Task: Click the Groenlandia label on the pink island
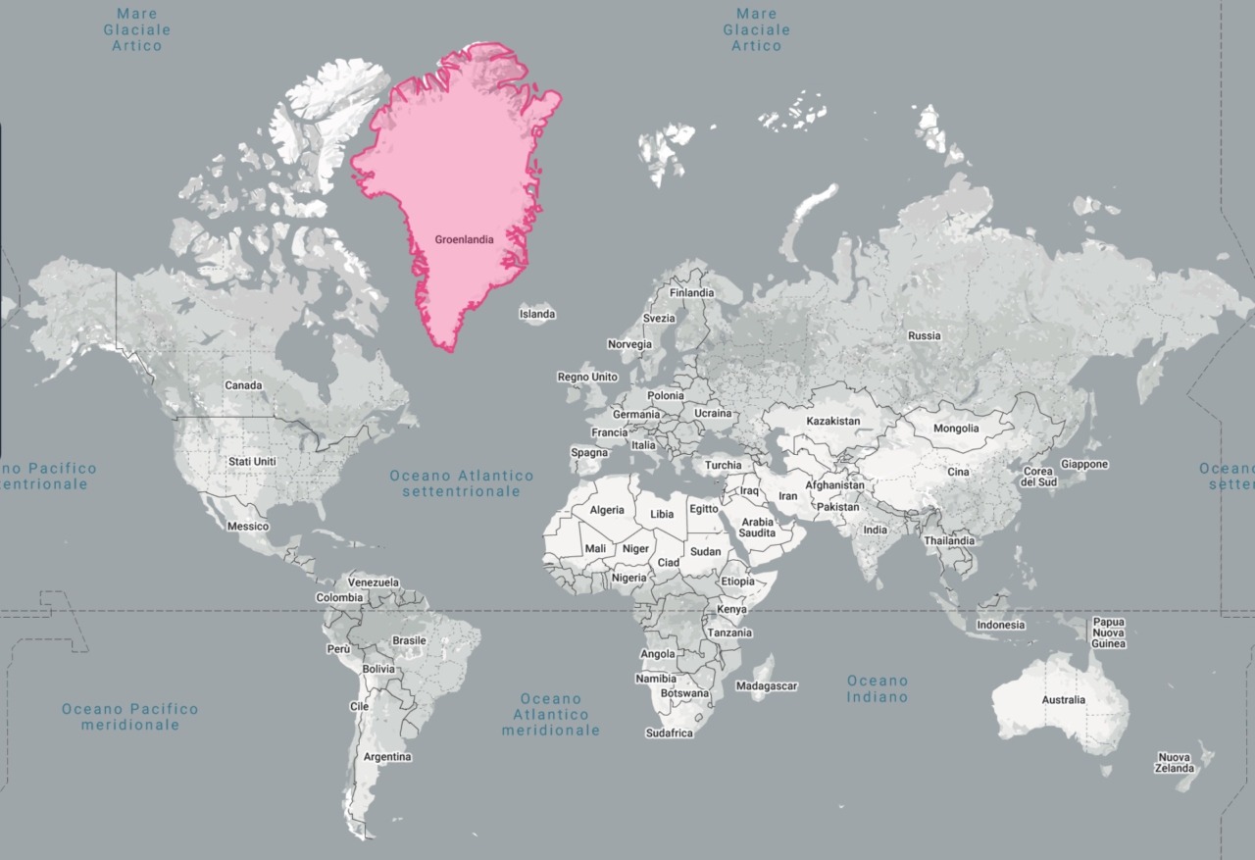[x=464, y=238]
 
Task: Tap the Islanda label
[x=536, y=314]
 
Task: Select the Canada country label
[x=243, y=385]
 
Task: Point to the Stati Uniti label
[x=252, y=461]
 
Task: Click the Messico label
[x=247, y=527]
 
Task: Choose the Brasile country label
[x=409, y=640]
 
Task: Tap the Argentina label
[x=387, y=757]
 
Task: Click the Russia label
[x=924, y=335]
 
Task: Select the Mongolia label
[x=956, y=429]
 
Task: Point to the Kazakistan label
[x=832, y=421]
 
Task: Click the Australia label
[x=1064, y=700]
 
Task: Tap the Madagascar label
[x=766, y=686]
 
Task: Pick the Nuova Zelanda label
[x=1174, y=763]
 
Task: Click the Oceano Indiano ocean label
[x=878, y=688]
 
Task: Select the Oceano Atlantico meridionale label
[x=550, y=715]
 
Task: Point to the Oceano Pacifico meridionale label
[x=129, y=717]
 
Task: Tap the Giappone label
[x=1084, y=464]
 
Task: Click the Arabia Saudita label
[x=757, y=528]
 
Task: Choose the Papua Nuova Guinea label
[x=1109, y=632]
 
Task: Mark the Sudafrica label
[x=669, y=734]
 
